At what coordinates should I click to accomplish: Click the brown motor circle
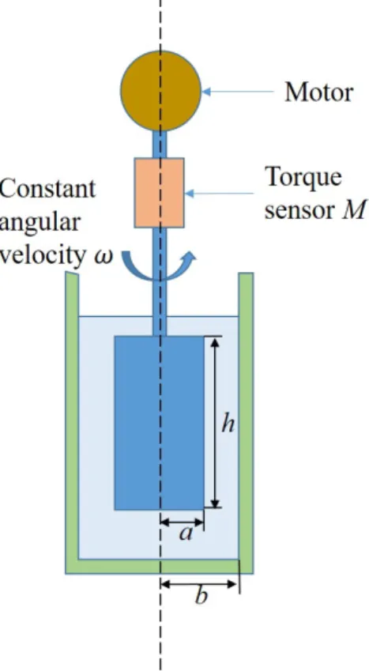160,91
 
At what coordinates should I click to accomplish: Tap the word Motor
319,92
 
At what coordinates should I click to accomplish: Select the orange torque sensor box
160,193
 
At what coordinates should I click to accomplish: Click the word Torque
303,178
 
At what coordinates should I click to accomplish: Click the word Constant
47,189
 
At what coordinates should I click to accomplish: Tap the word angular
40,224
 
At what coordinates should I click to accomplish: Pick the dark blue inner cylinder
160,423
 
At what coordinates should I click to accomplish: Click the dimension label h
228,424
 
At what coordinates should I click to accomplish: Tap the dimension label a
186,533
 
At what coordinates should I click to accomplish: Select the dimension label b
201,594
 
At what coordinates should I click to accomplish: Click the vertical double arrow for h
216,422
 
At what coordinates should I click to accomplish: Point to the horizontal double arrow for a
182,522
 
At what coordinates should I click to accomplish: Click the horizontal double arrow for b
198,583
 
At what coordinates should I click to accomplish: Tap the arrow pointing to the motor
237,91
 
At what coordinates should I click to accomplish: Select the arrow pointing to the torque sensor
220,194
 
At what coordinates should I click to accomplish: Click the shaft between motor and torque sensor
160,144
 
